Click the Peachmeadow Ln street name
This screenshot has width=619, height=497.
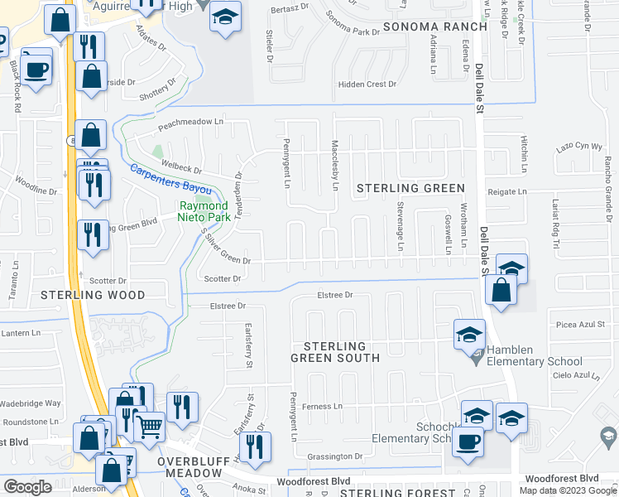[x=191, y=122]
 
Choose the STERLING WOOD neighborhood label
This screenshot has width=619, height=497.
[x=93, y=295]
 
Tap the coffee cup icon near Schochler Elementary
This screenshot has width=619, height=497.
[x=468, y=441]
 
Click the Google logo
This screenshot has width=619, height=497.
[x=27, y=487]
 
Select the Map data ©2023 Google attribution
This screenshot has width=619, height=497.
[x=567, y=490]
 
